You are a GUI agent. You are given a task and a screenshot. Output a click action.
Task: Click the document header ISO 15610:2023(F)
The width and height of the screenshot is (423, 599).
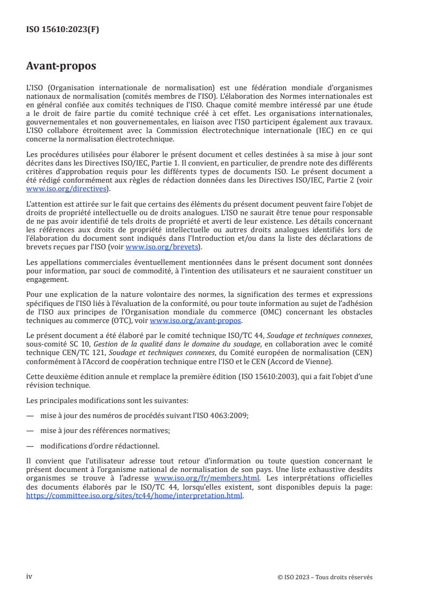tap(62, 30)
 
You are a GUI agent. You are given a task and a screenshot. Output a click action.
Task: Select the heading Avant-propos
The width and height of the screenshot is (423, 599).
tap(61, 67)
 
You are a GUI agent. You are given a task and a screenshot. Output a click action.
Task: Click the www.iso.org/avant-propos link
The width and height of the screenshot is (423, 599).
tap(196, 321)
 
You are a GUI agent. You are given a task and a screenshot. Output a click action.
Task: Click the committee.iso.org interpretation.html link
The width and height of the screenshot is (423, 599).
tap(134, 495)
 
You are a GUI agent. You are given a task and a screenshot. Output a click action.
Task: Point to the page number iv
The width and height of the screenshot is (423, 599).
tap(29, 577)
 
